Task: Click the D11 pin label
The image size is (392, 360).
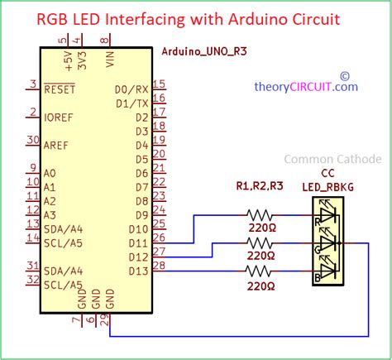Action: pos(139,243)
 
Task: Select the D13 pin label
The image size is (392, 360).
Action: pos(139,271)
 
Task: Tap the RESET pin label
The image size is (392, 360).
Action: pos(60,89)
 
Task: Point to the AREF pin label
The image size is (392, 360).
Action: pos(56,146)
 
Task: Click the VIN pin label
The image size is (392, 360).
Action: pos(110,59)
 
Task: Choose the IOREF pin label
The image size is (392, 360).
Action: pos(59,118)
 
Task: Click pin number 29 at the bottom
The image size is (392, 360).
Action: pos(105,320)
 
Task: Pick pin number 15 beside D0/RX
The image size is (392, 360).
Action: pos(159,84)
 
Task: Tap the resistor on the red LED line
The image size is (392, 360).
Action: pos(259,215)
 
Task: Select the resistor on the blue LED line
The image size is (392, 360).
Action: pos(258,271)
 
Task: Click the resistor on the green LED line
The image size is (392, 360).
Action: pos(259,243)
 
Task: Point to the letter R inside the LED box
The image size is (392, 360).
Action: pos(318,222)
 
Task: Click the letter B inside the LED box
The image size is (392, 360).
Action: pos(318,277)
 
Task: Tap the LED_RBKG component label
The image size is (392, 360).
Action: pos(327,187)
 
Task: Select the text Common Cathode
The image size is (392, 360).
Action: pos(332,159)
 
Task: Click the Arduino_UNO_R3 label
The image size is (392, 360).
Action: pos(204,51)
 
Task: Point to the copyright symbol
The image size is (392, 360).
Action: pos(345,76)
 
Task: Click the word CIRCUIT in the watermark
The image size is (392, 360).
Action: pos(310,87)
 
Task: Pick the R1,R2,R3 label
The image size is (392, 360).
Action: pos(260,186)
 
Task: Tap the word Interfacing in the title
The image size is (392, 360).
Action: pos(145,19)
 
